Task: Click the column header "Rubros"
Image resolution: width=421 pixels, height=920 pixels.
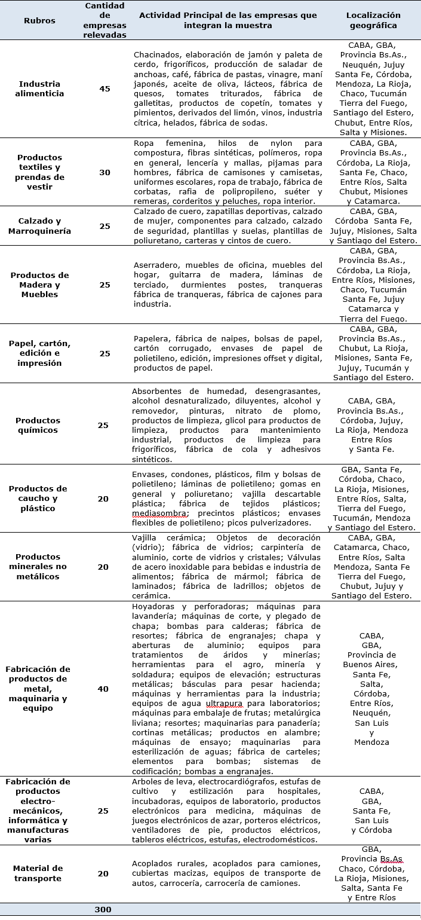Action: pos(39,20)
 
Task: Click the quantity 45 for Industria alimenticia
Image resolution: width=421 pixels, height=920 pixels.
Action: pos(105,88)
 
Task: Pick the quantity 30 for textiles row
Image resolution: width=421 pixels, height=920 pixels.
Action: pos(105,172)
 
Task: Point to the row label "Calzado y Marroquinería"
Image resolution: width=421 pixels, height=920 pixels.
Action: pos(39,226)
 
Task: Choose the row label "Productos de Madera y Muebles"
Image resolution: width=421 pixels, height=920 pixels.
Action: pos(39,285)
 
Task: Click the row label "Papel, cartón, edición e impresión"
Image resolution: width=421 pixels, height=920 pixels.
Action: pos(39,353)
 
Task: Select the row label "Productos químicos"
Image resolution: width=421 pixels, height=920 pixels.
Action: pos(38,425)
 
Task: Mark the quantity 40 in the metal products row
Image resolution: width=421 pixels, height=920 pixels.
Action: pos(103,689)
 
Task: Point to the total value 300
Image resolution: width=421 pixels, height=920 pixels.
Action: pos(103,909)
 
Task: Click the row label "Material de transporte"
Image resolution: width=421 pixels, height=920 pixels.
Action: pos(38,873)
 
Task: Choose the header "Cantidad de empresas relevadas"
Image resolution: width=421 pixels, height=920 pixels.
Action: pos(105,20)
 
